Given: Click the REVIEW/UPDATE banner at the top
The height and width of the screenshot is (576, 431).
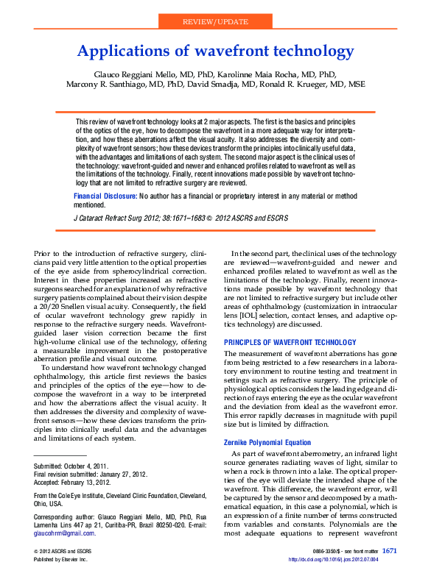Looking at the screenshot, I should pos(215,23).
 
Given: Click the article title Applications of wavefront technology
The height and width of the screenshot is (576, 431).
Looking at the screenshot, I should pos(215,51).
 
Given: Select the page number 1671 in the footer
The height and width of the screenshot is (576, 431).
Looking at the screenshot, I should pos(390,550).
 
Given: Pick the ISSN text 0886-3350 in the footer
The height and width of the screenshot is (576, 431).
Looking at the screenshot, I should pos(324,551).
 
